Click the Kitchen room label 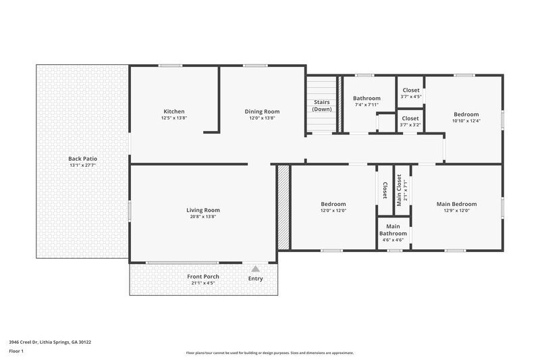click(173, 111)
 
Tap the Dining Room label click(262, 111)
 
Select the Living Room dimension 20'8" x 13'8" click(203, 217)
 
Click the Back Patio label click(82, 159)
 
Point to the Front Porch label click(203, 276)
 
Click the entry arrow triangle click(255, 269)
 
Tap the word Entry click(255, 278)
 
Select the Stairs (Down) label click(322, 105)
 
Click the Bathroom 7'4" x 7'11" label click(367, 99)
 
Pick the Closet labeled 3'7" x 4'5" click(410, 91)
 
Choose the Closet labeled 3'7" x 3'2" click(410, 119)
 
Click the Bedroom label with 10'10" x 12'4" click(466, 114)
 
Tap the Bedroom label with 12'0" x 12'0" click(333, 204)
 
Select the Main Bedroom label click(456, 204)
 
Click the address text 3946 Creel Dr click(49, 342)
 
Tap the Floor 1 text click(16, 351)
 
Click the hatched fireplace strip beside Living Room click(283, 207)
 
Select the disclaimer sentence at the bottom click(270, 353)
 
